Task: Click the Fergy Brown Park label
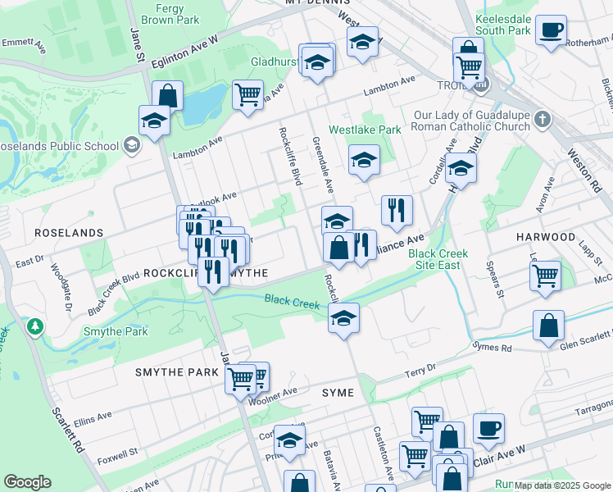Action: click(x=170, y=13)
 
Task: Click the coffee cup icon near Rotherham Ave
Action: click(x=551, y=30)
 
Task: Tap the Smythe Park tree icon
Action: click(x=34, y=327)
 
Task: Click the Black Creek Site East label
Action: click(x=438, y=259)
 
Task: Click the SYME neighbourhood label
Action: click(x=338, y=393)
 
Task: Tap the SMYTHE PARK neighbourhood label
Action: click(x=177, y=372)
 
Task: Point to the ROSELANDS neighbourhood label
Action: click(x=69, y=233)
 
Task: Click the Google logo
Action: click(x=27, y=482)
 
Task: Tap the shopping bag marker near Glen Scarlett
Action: click(x=548, y=326)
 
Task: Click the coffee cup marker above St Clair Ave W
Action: click(x=488, y=428)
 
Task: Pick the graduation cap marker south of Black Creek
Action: click(x=344, y=318)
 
